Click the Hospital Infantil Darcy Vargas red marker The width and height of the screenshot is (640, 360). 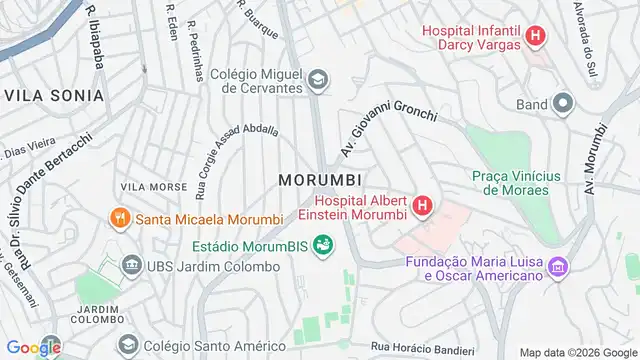click(537, 37)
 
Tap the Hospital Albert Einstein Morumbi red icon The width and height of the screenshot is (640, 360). click(422, 206)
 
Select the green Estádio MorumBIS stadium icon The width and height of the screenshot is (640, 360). click(322, 243)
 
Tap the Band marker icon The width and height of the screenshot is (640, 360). click(563, 103)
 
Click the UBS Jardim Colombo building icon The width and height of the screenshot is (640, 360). click(131, 265)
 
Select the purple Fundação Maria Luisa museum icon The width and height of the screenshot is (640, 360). click(559, 266)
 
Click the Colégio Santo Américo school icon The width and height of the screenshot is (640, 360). click(128, 347)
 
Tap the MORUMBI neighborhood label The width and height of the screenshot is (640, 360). click(319, 179)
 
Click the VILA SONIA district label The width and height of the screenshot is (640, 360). click(54, 95)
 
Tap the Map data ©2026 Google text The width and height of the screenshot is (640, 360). click(576, 351)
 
